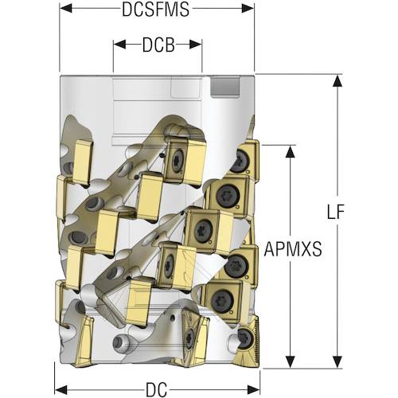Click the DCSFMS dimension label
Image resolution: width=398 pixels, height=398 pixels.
click(156, 10)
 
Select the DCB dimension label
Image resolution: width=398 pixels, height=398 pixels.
click(158, 45)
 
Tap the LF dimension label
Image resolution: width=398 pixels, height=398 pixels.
click(335, 212)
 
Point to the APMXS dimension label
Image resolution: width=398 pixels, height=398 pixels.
click(293, 249)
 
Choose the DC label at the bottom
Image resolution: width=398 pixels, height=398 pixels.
click(157, 389)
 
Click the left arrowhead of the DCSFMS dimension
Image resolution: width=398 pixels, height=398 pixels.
click(66, 9)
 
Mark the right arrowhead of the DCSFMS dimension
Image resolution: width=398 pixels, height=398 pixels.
click(248, 9)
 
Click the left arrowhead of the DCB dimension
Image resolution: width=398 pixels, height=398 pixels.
click(119, 45)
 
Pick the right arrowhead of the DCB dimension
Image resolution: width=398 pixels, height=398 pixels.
click(196, 45)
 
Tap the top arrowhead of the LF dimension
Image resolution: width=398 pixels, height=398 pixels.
click(338, 80)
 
